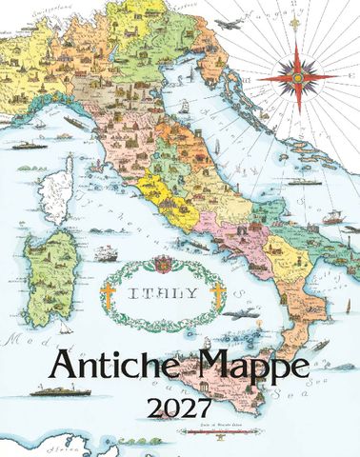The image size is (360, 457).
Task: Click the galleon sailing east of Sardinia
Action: (107, 254)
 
